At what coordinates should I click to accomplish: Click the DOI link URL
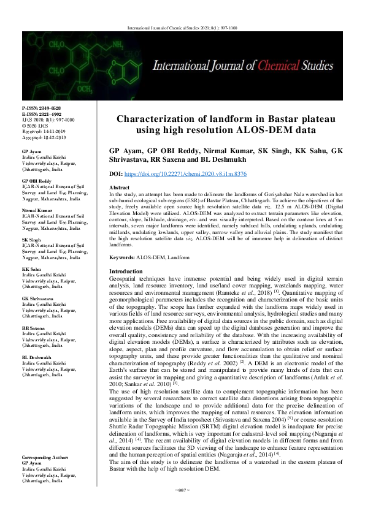coord(185,174)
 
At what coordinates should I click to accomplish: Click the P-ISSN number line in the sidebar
coord(41,108)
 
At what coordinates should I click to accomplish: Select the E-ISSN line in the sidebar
coord(41,113)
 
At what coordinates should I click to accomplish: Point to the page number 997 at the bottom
coord(183,507)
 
